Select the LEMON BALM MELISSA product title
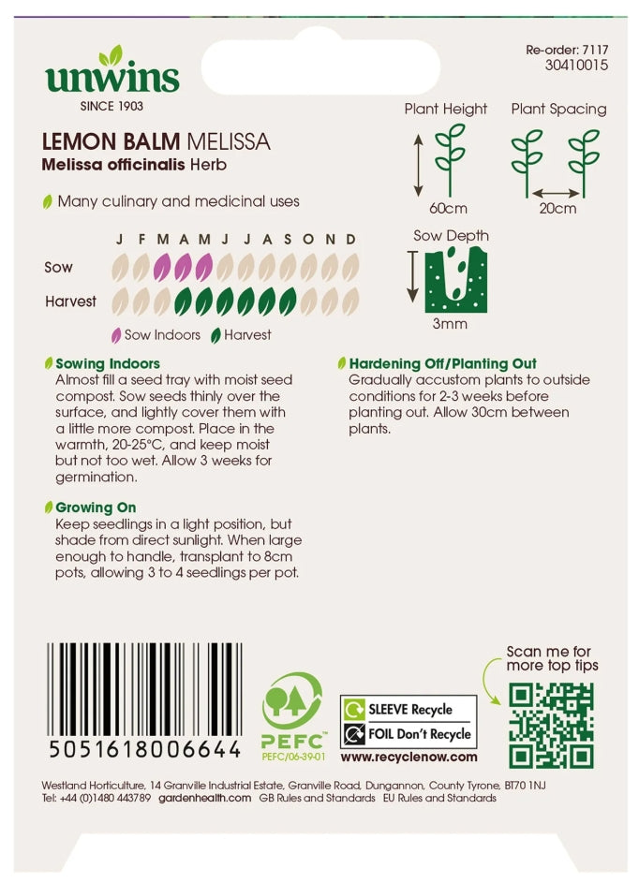click(x=156, y=142)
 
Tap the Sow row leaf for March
click(x=162, y=269)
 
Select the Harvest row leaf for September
click(x=288, y=302)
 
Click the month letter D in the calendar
click(x=350, y=240)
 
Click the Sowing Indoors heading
click(x=108, y=363)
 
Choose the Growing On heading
click(x=96, y=508)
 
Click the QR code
click(x=551, y=725)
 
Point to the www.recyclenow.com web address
click(x=409, y=757)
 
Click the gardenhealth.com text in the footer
click(x=204, y=798)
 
